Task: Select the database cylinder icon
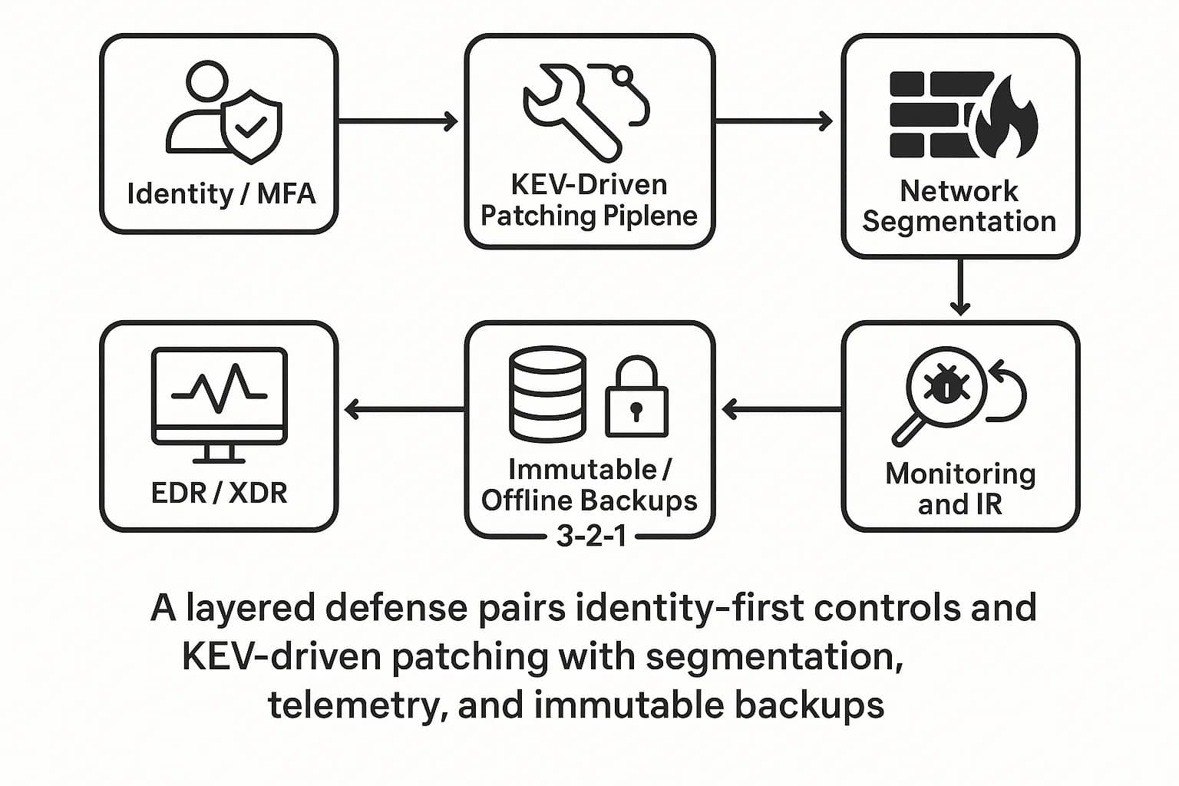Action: pyautogui.click(x=547, y=392)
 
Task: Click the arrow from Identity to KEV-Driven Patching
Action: pyautogui.click(x=398, y=121)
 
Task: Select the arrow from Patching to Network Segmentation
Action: pyautogui.click(x=774, y=121)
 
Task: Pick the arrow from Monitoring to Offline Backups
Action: pyautogui.click(x=781, y=410)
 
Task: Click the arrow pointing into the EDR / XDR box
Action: pyautogui.click(x=404, y=410)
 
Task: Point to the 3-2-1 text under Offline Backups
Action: pyautogui.click(x=590, y=536)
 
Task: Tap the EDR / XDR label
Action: pyautogui.click(x=220, y=493)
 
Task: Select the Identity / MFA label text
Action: pyautogui.click(x=221, y=193)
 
